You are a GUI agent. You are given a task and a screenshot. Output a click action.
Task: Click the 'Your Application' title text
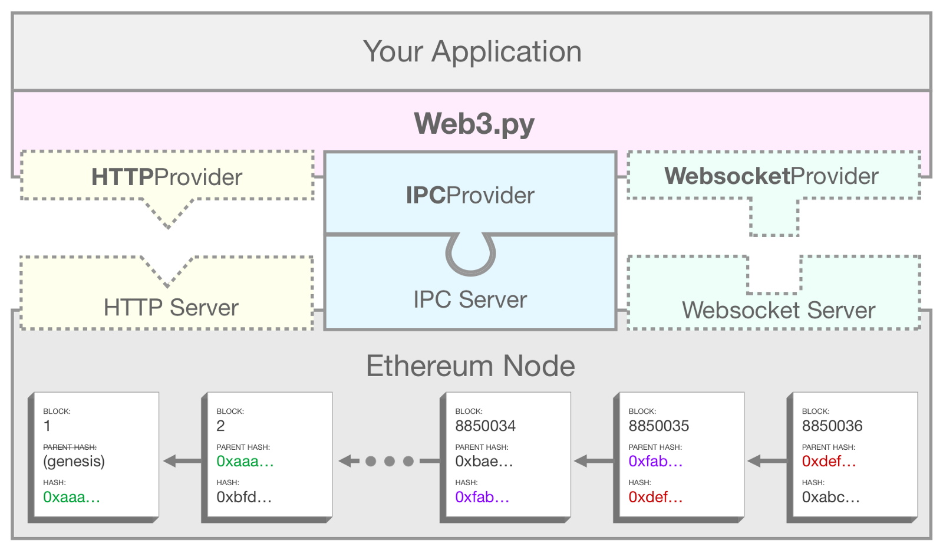point(472,52)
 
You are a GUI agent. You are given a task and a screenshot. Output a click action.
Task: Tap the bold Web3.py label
point(474,124)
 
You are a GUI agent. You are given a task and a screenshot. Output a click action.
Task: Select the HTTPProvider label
point(167,177)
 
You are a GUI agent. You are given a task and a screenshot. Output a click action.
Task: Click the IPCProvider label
point(470,195)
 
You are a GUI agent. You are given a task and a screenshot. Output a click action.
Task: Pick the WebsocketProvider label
point(771,176)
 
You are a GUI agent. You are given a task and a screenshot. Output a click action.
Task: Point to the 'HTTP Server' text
point(171,307)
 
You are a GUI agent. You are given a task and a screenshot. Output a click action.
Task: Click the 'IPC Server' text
point(470,299)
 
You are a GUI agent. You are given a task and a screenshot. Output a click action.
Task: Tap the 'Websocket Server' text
point(778,310)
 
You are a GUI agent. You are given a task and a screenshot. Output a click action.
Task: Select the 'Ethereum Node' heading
point(470,366)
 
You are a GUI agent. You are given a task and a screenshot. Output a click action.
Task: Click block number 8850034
point(485,426)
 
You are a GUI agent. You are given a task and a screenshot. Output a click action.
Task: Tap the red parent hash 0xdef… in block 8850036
point(828,461)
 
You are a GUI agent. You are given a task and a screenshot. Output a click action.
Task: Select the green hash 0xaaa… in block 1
point(71,497)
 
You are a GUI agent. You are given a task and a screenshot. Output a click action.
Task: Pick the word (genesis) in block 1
point(74,461)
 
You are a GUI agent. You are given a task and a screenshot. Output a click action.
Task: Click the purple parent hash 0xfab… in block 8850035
point(655,461)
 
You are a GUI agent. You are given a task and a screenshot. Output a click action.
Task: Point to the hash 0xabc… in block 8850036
point(830,497)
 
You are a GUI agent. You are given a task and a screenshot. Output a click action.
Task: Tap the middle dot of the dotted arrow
point(389,461)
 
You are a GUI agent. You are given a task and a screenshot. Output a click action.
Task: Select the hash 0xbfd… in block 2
point(243,497)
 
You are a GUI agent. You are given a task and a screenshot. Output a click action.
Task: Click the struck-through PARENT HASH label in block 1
point(70,447)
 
